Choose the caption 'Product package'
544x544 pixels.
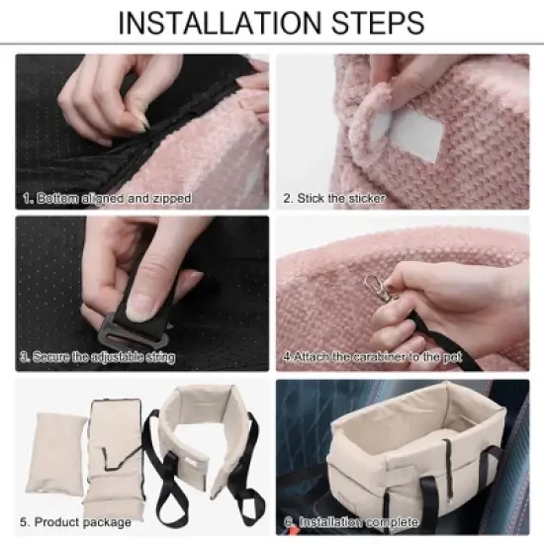pos(81,521)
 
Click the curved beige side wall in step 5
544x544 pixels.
pos(204,435)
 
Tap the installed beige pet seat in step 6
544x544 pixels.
pos(406,445)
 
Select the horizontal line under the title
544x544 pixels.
pos(272,45)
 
